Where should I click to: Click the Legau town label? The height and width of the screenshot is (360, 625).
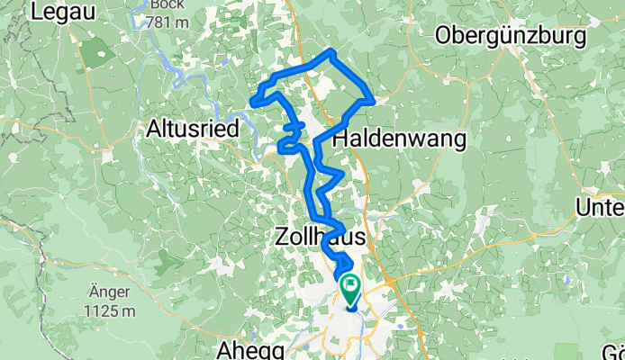(x=65, y=12)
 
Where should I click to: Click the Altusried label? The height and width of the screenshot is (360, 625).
(x=192, y=130)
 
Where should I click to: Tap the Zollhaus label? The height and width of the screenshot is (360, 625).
(x=322, y=237)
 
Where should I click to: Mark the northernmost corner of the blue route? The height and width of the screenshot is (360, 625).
(x=332, y=51)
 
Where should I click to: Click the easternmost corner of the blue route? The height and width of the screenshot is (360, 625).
(x=372, y=100)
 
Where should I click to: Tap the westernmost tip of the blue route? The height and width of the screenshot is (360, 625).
(x=253, y=102)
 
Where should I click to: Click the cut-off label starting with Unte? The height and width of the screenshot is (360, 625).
(x=600, y=209)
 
